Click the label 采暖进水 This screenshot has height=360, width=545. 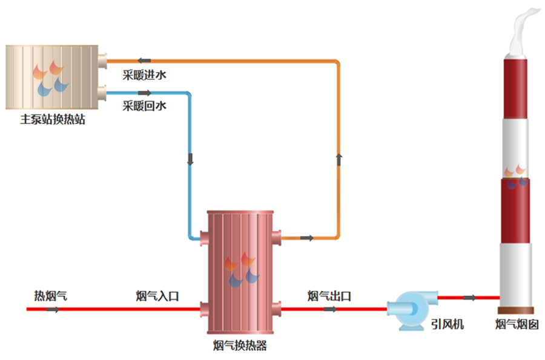(x=144, y=76)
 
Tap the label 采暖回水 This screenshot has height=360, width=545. (x=144, y=106)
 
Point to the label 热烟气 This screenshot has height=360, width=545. (x=50, y=296)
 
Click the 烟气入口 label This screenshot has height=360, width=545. (x=157, y=296)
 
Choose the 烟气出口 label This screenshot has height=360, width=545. (x=329, y=296)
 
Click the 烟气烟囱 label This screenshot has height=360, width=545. (x=517, y=324)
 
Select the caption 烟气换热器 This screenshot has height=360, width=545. (x=240, y=346)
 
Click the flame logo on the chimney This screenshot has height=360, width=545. (x=516, y=175)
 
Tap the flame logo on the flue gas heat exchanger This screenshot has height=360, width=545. (x=241, y=269)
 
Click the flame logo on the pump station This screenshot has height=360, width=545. (x=50, y=79)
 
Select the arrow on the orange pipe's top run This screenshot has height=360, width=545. (x=144, y=60)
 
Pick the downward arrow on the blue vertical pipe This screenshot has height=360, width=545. (x=190, y=160)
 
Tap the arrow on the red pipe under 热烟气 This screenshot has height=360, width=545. (x=53, y=309)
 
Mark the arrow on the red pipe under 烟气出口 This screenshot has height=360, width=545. (x=330, y=309)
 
